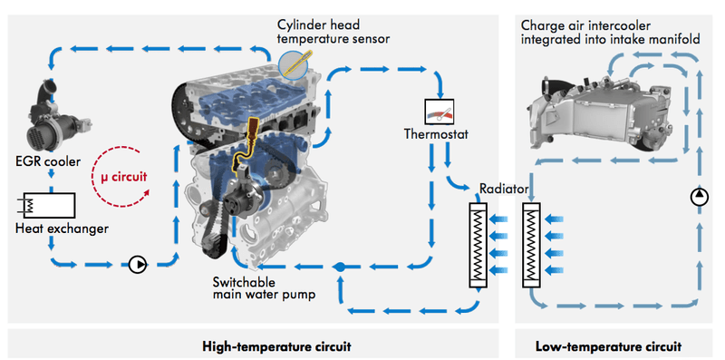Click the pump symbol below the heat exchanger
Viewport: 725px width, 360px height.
pyautogui.click(x=136, y=265)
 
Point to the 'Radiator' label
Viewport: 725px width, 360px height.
pyautogui.click(x=505, y=191)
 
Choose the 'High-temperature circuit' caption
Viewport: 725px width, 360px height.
pyautogui.click(x=275, y=346)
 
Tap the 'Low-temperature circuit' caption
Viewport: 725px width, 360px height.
pyautogui.click(x=608, y=346)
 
